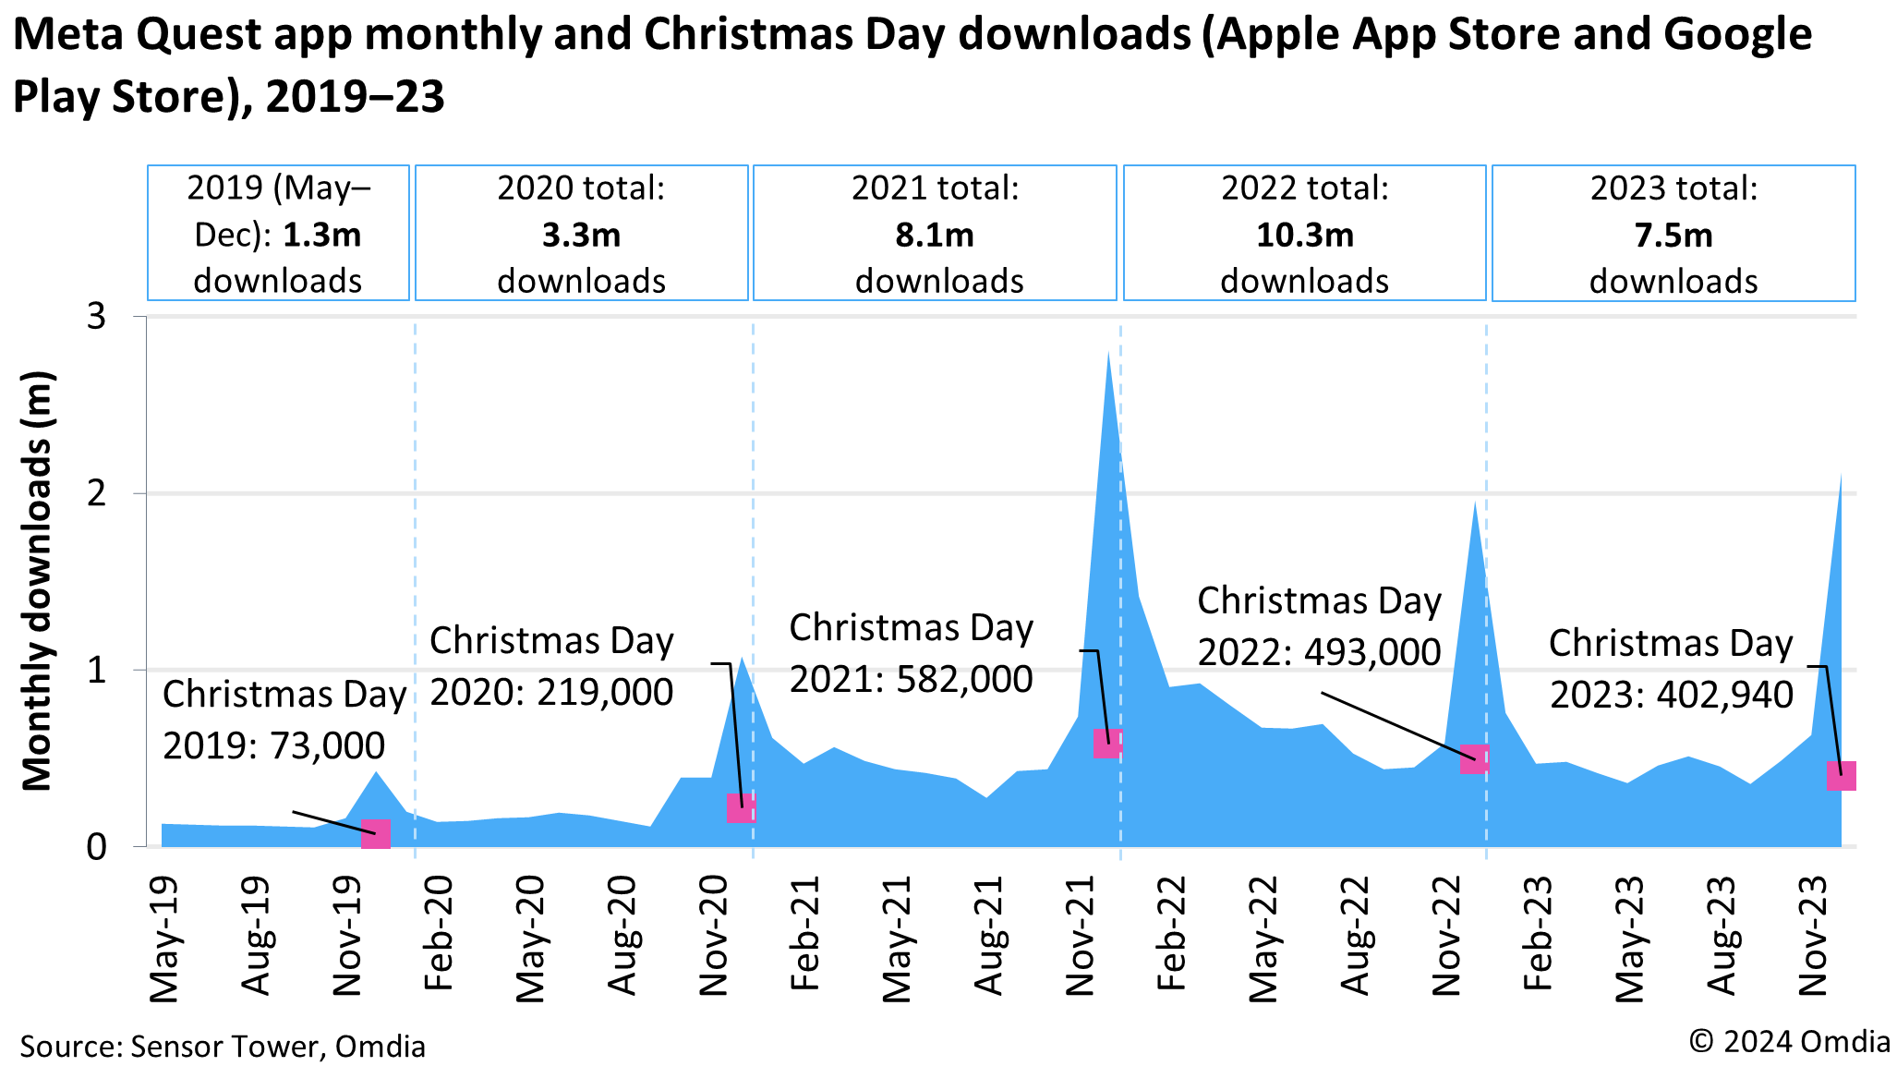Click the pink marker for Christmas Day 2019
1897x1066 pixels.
376,834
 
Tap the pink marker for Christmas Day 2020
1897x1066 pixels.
742,808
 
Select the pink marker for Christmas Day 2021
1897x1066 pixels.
1107,743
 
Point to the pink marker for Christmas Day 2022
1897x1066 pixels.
1475,758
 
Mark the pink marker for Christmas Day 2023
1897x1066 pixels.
1841,775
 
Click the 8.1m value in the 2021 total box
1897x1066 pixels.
935,236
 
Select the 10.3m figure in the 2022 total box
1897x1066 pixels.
1304,236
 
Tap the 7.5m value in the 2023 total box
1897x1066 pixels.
1673,236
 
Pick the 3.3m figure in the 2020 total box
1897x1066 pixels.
581,236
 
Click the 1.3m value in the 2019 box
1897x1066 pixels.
321,236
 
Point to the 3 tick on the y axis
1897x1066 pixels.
97,317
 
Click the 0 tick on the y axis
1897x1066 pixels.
97,846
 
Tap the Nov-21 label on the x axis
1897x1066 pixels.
1081,936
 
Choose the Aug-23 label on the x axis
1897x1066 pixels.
1722,936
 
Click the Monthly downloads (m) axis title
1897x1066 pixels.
38,581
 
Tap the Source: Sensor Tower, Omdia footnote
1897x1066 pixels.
223,1046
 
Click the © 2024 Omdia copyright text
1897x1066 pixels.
1789,1041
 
